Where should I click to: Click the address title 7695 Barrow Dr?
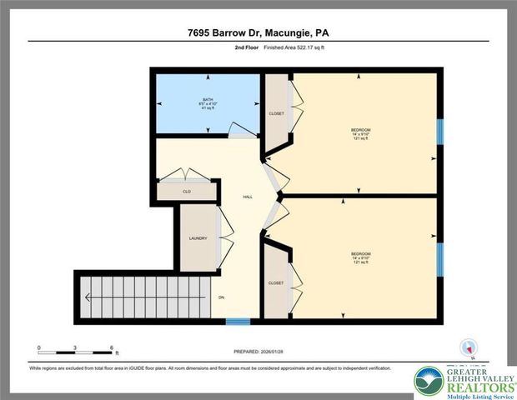pos(258,32)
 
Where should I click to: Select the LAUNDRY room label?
pos(198,238)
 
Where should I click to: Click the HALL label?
pos(248,197)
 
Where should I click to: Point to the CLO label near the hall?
pos(188,191)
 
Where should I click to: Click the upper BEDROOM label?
pos(360,130)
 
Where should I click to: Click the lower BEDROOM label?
pos(360,253)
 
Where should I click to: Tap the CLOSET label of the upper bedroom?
pos(276,113)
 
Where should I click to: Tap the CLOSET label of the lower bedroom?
pos(276,282)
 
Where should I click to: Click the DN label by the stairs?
pos(222,297)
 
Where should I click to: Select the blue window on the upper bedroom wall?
pos(440,131)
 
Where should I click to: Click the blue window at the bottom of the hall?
pos(238,321)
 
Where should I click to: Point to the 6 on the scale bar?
pos(112,347)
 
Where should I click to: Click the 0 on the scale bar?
pos(38,347)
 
